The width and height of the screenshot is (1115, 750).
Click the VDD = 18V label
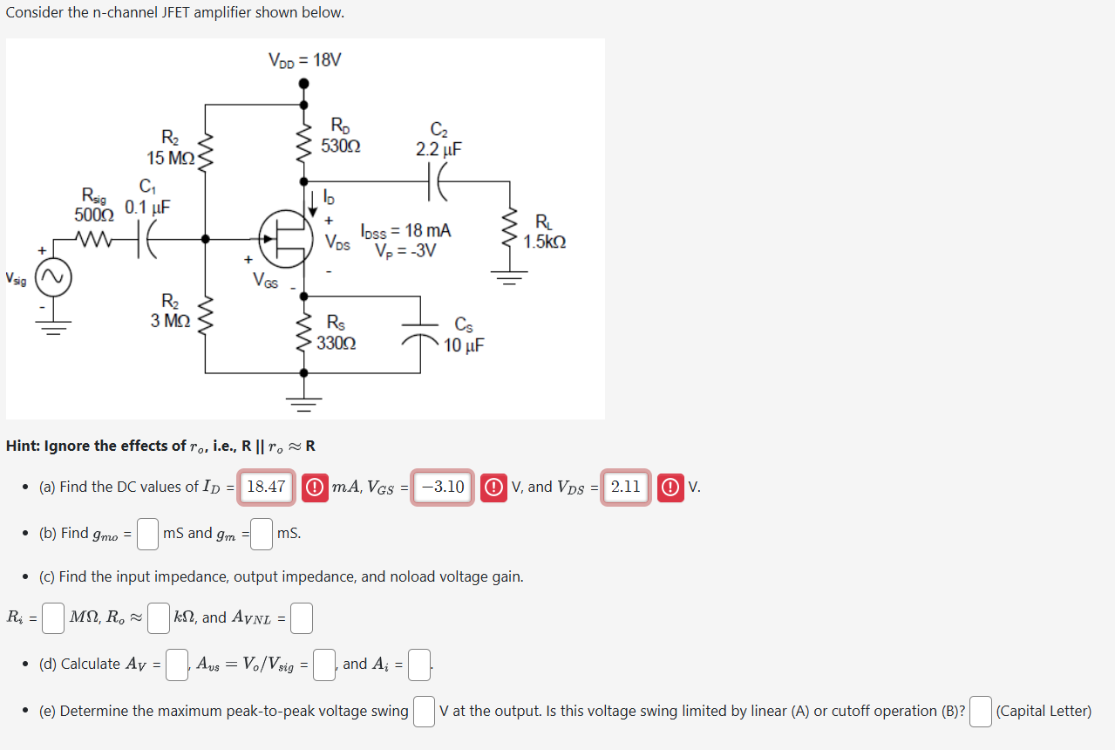[304, 61]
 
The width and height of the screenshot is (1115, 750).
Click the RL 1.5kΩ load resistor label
[544, 233]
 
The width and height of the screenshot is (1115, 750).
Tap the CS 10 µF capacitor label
[464, 337]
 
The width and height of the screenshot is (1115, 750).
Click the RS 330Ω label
[336, 333]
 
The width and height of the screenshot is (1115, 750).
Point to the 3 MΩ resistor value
[170, 320]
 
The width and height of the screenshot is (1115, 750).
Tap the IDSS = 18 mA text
[406, 231]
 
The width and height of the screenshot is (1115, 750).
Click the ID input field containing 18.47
[267, 487]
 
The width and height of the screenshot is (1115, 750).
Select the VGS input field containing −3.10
[443, 487]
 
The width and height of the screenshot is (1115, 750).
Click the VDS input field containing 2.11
[626, 487]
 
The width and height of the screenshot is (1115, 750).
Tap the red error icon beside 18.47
[315, 487]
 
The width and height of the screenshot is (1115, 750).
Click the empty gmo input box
[147, 534]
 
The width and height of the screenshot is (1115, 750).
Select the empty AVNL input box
[301, 618]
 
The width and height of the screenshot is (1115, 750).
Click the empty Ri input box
[53, 618]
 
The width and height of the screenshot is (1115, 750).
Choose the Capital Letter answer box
[981, 712]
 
